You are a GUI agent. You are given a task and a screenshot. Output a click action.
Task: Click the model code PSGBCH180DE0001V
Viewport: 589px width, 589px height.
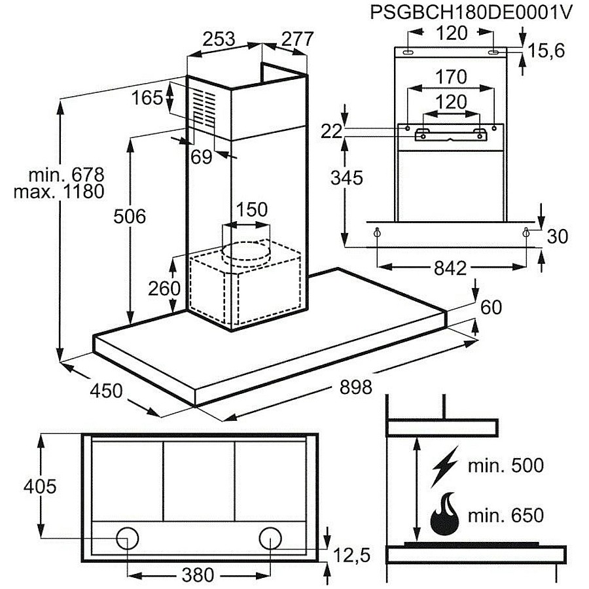click(471, 12)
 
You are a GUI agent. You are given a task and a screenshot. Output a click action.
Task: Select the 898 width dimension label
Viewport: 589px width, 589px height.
click(355, 387)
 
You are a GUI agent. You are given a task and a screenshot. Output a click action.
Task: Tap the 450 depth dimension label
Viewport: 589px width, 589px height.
click(106, 391)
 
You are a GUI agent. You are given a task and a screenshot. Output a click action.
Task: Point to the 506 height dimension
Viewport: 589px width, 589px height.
click(130, 217)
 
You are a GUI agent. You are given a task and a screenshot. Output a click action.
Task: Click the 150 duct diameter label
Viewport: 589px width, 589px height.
click(252, 209)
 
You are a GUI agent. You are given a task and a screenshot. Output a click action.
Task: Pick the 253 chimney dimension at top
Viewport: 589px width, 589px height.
click(219, 39)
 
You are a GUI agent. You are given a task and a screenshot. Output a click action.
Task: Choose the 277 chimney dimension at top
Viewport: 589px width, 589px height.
click(298, 39)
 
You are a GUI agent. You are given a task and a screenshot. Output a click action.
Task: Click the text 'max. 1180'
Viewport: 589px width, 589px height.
click(59, 192)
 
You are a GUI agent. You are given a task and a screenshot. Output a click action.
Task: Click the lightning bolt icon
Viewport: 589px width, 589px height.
click(445, 467)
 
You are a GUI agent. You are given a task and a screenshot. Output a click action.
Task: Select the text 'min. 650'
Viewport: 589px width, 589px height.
click(506, 515)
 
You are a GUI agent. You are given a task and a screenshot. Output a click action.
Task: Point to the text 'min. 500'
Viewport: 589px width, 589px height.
click(506, 466)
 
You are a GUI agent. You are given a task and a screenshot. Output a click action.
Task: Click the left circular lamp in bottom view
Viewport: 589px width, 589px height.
click(128, 539)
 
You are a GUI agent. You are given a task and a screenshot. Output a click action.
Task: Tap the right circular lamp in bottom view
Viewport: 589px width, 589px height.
click(270, 539)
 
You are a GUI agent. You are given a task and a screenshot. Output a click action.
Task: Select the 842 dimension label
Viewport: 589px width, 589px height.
click(450, 268)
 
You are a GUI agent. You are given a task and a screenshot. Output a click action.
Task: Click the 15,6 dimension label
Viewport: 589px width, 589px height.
click(546, 50)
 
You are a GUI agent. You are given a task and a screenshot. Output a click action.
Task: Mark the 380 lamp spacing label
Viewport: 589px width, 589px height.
click(198, 575)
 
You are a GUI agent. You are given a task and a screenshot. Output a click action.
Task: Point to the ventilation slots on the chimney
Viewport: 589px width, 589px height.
click(205, 107)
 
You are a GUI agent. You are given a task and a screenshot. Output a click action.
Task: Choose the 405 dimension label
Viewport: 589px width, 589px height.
click(40, 486)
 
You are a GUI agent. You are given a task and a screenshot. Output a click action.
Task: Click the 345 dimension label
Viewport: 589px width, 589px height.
click(347, 177)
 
